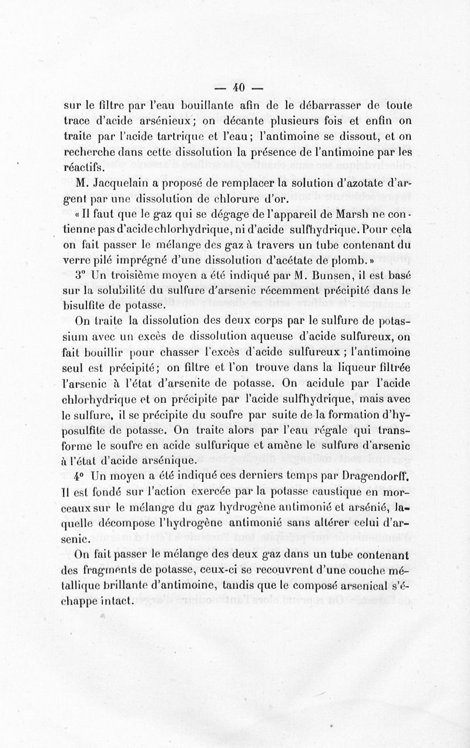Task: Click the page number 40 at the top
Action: (238, 87)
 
